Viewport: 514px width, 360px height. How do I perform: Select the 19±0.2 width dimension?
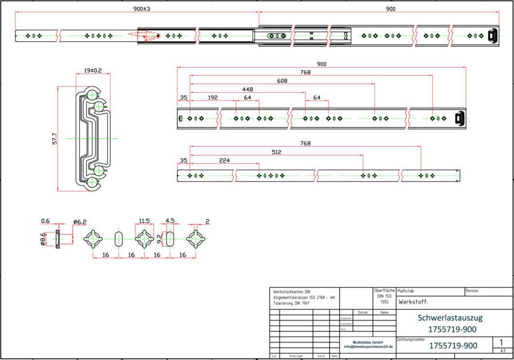[93, 70]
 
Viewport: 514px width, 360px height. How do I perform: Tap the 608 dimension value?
[282, 81]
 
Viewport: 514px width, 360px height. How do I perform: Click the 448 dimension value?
[247, 89]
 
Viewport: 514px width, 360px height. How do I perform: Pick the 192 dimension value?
[212, 98]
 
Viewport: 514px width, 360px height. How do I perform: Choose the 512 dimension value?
[276, 152]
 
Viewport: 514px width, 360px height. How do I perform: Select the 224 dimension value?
[224, 160]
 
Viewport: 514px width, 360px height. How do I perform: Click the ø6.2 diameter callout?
[80, 222]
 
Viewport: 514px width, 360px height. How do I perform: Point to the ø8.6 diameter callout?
[43, 239]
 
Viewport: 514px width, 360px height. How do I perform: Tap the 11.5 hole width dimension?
[144, 221]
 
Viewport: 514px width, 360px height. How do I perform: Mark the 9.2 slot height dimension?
[160, 239]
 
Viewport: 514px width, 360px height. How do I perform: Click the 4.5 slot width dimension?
[170, 221]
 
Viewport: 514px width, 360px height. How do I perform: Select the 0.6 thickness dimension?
[45, 221]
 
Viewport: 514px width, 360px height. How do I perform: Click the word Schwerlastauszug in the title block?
[450, 318]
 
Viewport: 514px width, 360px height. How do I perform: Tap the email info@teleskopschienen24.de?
[368, 346]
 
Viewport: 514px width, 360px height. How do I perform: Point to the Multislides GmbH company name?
[368, 342]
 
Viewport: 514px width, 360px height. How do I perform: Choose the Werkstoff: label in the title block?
[413, 302]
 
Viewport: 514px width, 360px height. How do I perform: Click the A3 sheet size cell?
[503, 351]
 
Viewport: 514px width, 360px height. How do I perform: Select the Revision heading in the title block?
[472, 291]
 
